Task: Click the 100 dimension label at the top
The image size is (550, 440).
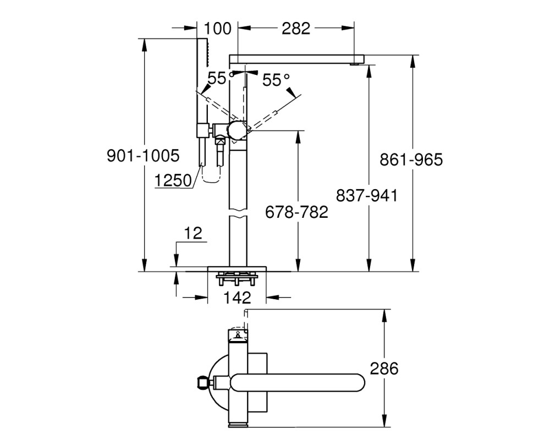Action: point(217,29)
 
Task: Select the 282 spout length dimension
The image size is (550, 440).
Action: point(296,29)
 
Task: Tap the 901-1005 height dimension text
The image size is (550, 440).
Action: point(143,156)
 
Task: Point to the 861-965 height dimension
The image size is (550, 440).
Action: point(411,159)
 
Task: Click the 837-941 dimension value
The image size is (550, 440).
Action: point(367,195)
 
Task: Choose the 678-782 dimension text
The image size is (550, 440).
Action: point(296,212)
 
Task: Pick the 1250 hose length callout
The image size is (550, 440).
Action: point(173,181)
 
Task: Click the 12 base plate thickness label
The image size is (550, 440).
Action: point(193,233)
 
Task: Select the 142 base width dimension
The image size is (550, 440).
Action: point(237,298)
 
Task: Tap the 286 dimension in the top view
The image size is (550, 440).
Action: point(384,369)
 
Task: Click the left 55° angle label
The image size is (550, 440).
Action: point(221,78)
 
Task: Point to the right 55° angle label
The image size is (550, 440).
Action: point(277,80)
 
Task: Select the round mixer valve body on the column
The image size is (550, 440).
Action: point(238,130)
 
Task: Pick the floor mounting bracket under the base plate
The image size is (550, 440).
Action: point(237,279)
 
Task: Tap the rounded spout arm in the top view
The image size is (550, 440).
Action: point(298,382)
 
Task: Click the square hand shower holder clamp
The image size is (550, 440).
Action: point(202,130)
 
